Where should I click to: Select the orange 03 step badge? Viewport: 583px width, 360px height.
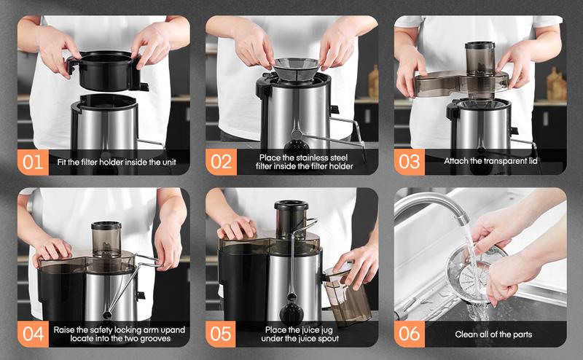coord(408,161)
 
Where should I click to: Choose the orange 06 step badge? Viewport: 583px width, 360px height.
coord(408,334)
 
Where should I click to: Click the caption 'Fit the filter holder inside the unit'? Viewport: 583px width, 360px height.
coord(117,161)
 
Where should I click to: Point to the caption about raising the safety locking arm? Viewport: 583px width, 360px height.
coord(119,334)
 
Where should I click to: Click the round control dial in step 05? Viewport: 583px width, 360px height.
coord(292,302)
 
